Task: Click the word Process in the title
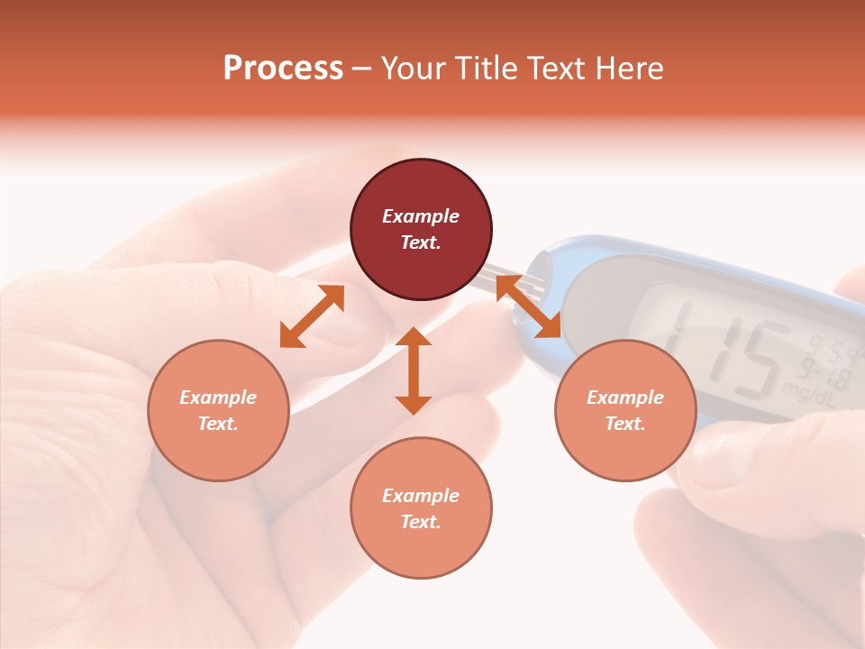[x=283, y=69]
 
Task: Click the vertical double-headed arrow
[x=414, y=370]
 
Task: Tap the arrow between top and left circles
[x=312, y=315]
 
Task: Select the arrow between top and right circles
[x=528, y=306]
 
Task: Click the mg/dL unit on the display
[x=806, y=389]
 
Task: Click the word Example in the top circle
[x=421, y=216]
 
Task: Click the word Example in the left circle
[x=218, y=398]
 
